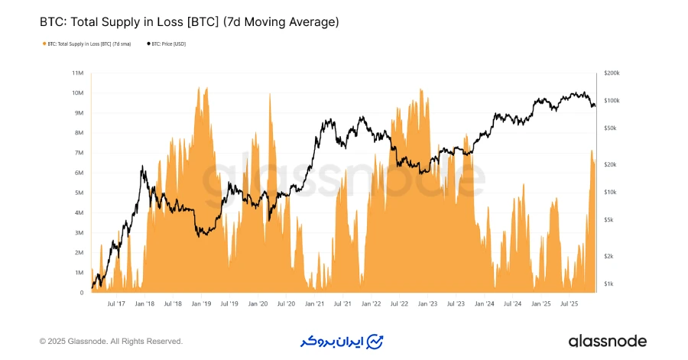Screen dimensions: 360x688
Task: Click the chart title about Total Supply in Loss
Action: point(189,22)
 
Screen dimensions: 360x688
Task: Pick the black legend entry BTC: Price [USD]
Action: point(167,44)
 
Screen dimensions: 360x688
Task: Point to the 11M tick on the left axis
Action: point(78,73)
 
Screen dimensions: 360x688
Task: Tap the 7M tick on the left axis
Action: point(78,153)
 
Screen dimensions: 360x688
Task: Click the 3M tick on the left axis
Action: point(78,233)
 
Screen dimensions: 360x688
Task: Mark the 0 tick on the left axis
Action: point(81,293)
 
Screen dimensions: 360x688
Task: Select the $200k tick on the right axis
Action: point(612,73)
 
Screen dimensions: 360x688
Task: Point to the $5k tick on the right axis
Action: point(609,219)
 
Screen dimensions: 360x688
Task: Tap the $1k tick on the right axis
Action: point(609,284)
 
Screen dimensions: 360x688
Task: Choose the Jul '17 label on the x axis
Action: point(116,303)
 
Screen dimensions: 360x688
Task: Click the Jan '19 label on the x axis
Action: point(200,303)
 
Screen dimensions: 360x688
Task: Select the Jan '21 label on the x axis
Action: point(313,303)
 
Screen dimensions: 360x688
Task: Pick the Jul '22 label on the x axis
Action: point(398,303)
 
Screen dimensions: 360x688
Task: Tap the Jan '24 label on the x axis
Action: point(483,303)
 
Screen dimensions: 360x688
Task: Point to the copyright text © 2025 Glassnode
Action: point(111,341)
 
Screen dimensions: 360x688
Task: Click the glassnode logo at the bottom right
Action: point(607,341)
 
